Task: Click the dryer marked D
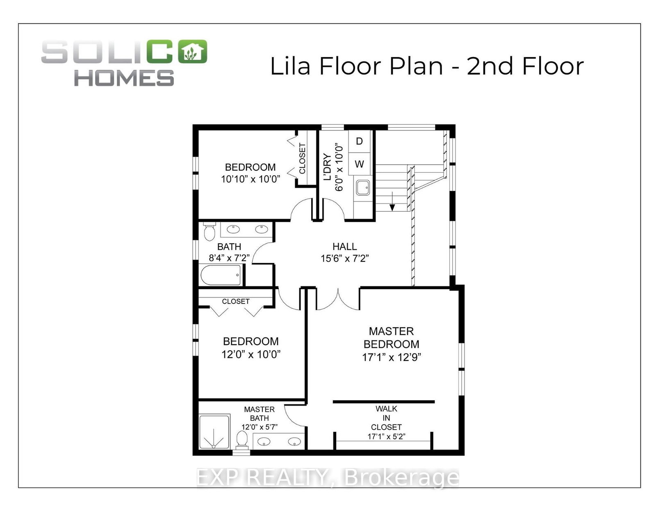359,142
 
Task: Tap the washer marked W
359,164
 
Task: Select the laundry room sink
362,188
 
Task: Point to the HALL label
344,247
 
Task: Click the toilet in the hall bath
209,231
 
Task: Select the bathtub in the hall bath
221,274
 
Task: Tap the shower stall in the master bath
215,432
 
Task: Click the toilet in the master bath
241,440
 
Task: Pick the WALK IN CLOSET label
386,418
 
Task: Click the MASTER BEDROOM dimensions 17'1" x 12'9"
391,358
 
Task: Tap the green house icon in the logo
192,51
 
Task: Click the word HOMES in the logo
124,78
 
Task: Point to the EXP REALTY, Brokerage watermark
328,477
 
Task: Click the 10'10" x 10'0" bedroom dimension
251,179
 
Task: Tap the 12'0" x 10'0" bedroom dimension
251,354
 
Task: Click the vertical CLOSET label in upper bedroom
302,158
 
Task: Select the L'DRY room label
327,167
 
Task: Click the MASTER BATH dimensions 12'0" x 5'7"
259,427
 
